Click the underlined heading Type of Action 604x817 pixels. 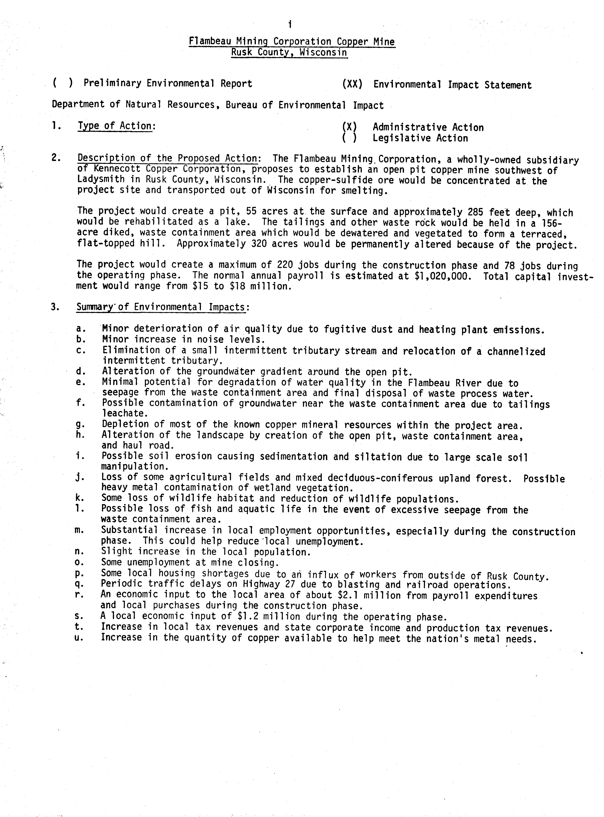pos(115,126)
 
